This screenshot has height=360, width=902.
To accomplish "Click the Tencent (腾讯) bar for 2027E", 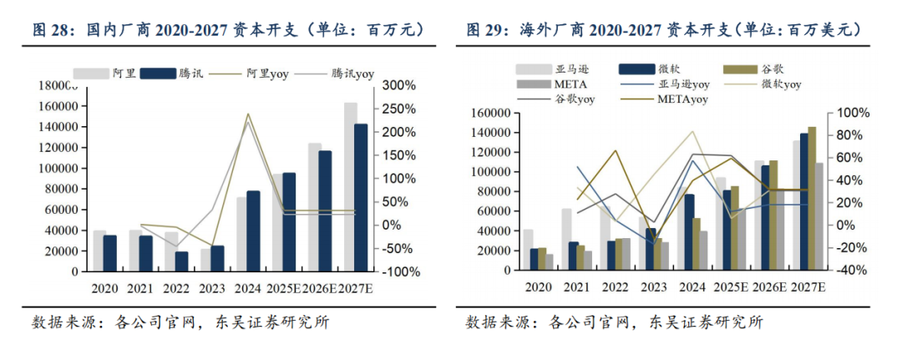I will point(360,197).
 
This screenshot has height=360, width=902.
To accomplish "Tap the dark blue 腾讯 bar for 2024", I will point(252,231).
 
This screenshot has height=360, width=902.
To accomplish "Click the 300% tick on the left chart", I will point(398,85).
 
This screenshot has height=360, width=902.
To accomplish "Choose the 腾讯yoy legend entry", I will point(352,73).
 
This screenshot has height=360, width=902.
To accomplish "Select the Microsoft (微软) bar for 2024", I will point(691,232).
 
